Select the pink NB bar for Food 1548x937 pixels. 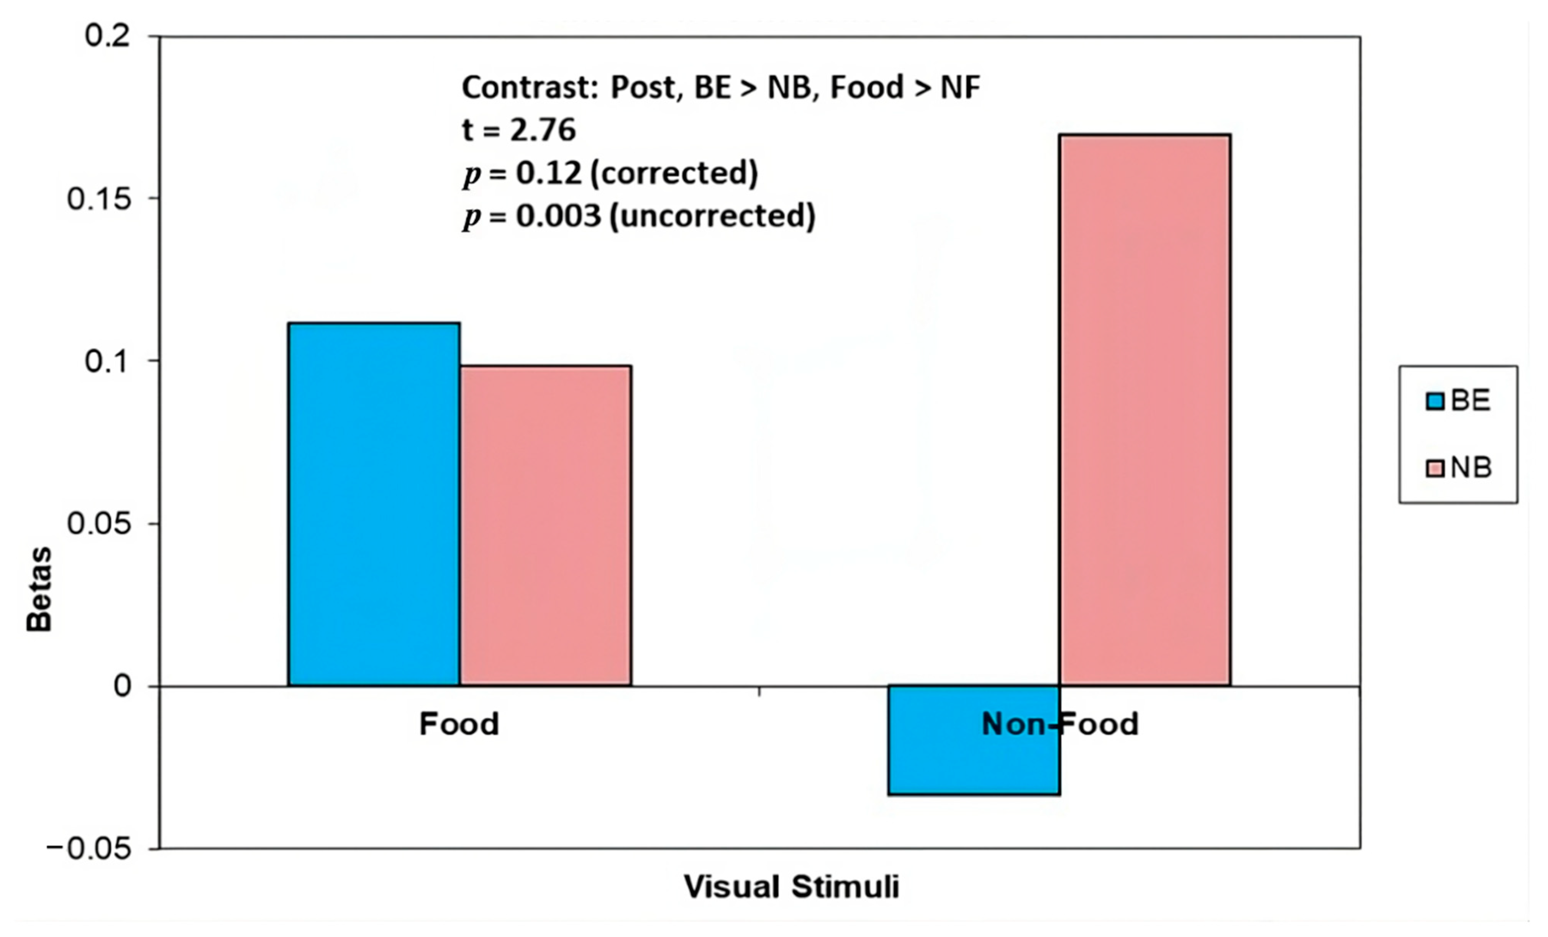[545, 525]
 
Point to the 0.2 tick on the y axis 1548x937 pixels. [107, 36]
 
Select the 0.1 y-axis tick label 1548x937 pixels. [107, 362]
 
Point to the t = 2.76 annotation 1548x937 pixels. [519, 130]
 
